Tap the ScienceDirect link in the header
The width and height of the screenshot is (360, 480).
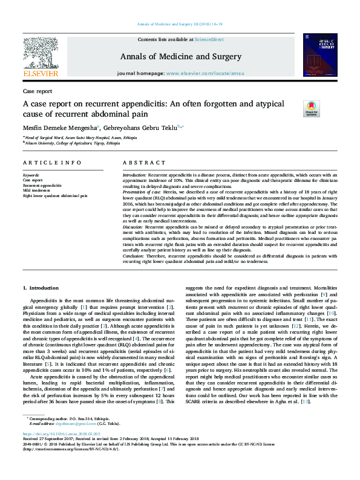point(210,39)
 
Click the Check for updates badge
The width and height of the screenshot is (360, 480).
point(311,109)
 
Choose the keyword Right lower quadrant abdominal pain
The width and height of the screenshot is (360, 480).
point(55,196)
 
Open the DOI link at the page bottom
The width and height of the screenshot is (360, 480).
point(61,451)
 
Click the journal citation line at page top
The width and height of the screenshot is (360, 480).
point(180,24)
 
